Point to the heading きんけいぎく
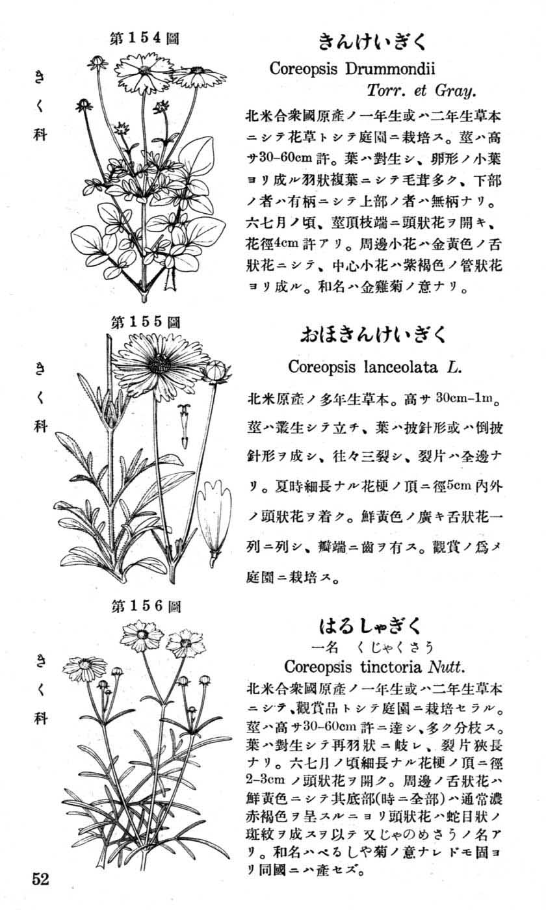[x=372, y=42]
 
